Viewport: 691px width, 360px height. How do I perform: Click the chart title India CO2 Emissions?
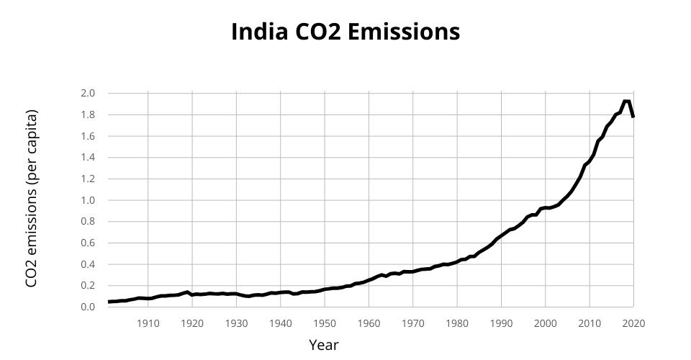click(345, 32)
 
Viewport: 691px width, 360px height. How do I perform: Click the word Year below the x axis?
click(323, 345)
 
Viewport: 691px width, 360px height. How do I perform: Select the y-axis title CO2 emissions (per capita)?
click(31, 199)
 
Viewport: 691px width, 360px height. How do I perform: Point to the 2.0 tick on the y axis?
click(87, 94)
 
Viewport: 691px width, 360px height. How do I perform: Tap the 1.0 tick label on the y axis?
click(87, 200)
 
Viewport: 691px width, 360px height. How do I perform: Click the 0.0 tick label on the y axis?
click(87, 307)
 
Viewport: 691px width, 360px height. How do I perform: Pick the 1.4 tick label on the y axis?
click(87, 158)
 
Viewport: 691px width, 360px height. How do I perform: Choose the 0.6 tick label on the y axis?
click(87, 243)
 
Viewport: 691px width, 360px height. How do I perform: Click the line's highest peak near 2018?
click(626, 101)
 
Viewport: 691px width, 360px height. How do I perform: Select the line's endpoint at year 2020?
click(633, 117)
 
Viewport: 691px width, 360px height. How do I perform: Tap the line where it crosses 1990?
click(501, 235)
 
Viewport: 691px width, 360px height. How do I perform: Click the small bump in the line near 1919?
click(187, 292)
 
